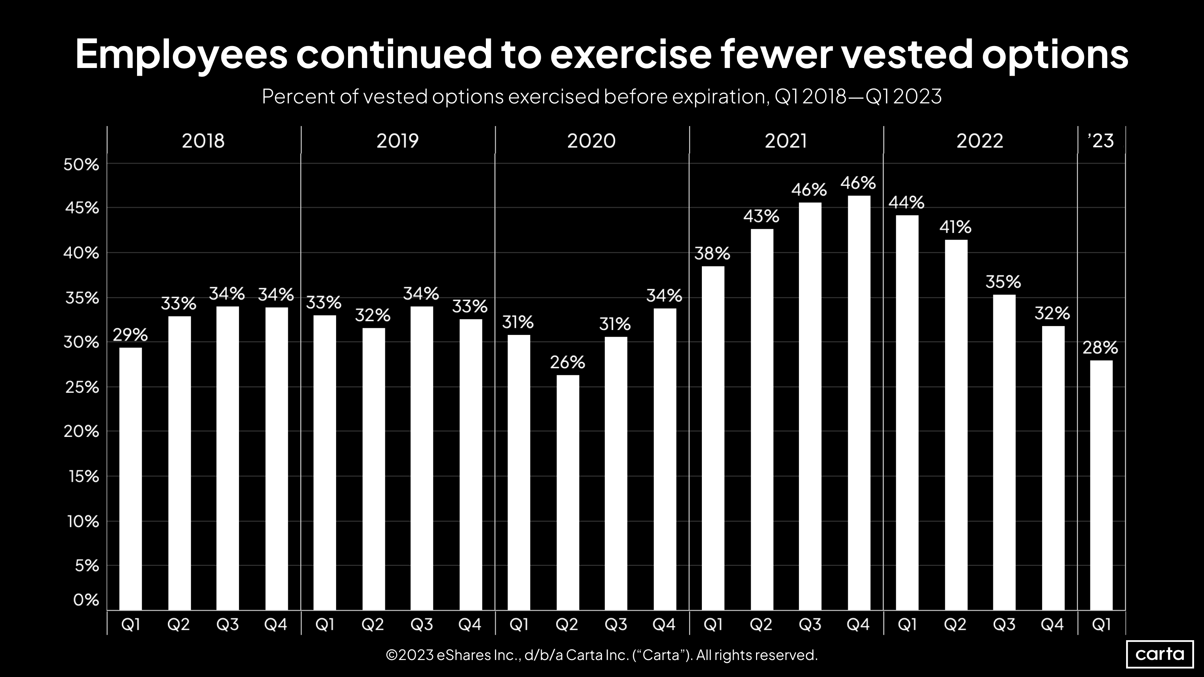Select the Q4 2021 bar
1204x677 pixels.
pos(859,403)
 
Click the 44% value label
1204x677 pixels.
pos(906,202)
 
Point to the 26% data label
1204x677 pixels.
pos(567,362)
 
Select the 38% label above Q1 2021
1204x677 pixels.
pos(712,254)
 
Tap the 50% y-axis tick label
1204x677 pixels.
pos(82,164)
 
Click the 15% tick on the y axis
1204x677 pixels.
pos(83,476)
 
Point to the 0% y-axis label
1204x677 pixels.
pos(86,599)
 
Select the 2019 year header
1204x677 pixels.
pos(397,141)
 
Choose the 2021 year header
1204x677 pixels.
pos(786,141)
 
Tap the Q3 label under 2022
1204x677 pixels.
pos(1004,624)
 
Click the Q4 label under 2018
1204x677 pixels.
pos(276,624)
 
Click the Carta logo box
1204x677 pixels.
pos(1160,654)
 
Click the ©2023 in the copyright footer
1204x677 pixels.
pos(409,655)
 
